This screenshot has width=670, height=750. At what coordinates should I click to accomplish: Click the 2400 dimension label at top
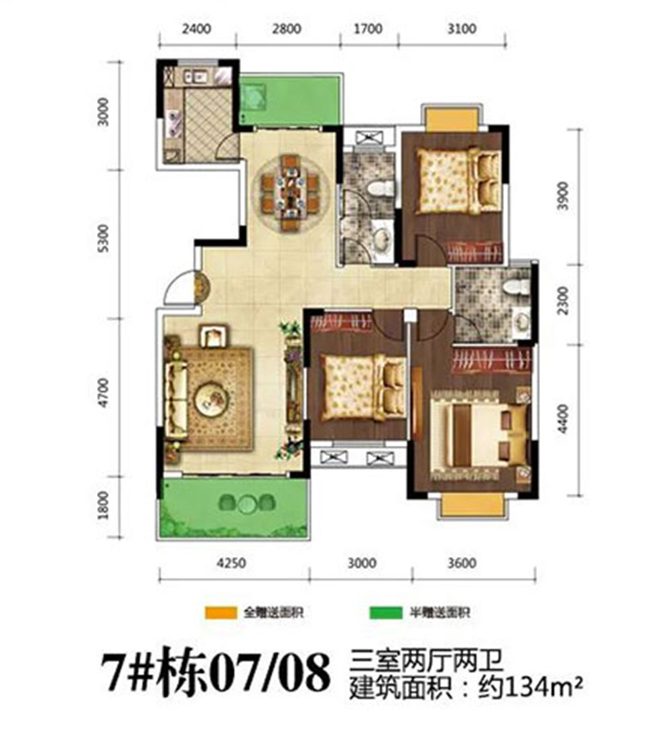[x=196, y=29]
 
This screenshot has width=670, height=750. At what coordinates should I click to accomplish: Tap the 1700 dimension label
[x=368, y=29]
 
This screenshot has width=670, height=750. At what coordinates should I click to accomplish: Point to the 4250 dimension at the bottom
[x=234, y=563]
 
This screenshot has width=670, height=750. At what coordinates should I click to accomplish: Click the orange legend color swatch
[x=221, y=613]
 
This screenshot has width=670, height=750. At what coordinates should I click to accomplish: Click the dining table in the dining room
[x=290, y=193]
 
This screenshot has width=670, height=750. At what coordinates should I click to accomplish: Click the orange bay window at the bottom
[x=472, y=505]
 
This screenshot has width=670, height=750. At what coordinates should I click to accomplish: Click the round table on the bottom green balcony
[x=248, y=502]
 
